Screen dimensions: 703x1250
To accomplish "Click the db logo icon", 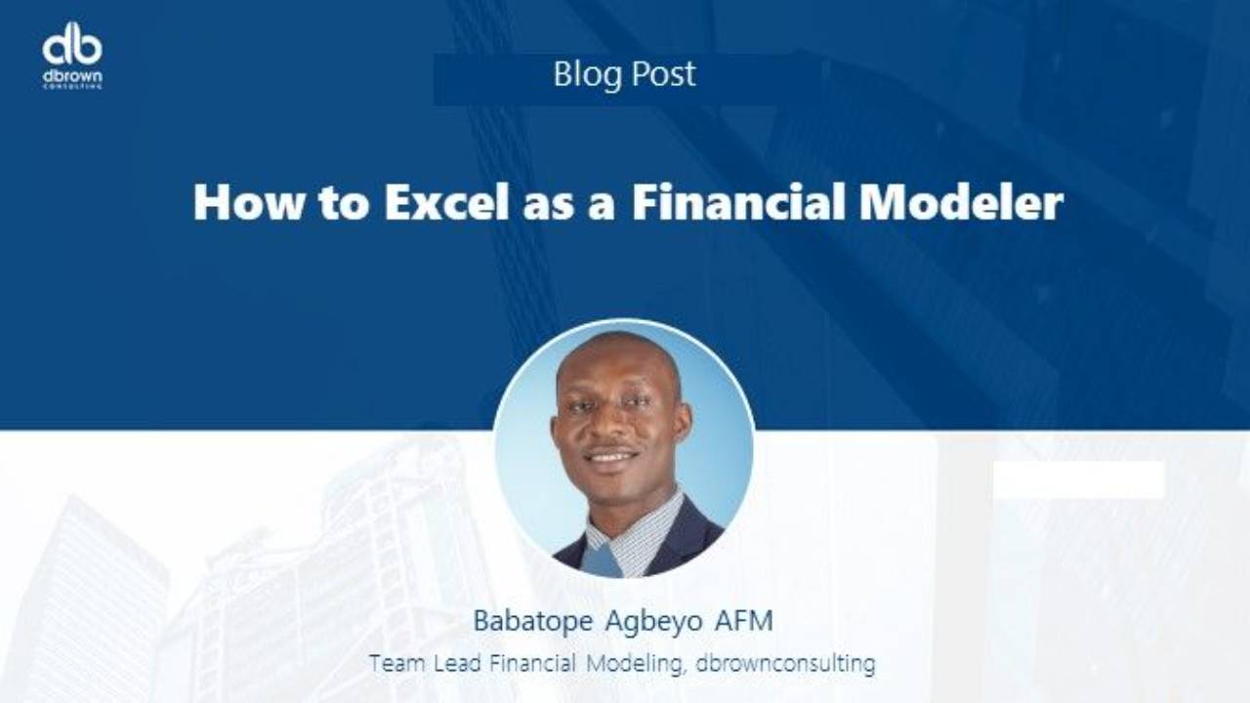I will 72,44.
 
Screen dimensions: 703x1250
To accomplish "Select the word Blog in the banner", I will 584,74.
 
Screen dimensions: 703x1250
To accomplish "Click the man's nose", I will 611,430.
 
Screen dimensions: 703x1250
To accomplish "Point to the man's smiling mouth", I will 611,457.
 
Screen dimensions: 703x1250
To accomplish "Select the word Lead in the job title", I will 457,664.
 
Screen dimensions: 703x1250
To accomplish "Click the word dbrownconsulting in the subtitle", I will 785,664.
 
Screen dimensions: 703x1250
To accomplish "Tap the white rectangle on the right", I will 1078,479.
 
